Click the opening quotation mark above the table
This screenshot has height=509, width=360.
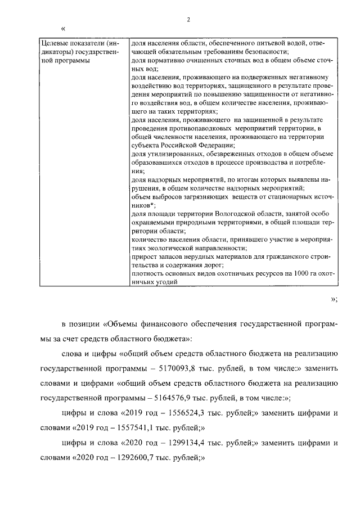coord(63,28)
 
